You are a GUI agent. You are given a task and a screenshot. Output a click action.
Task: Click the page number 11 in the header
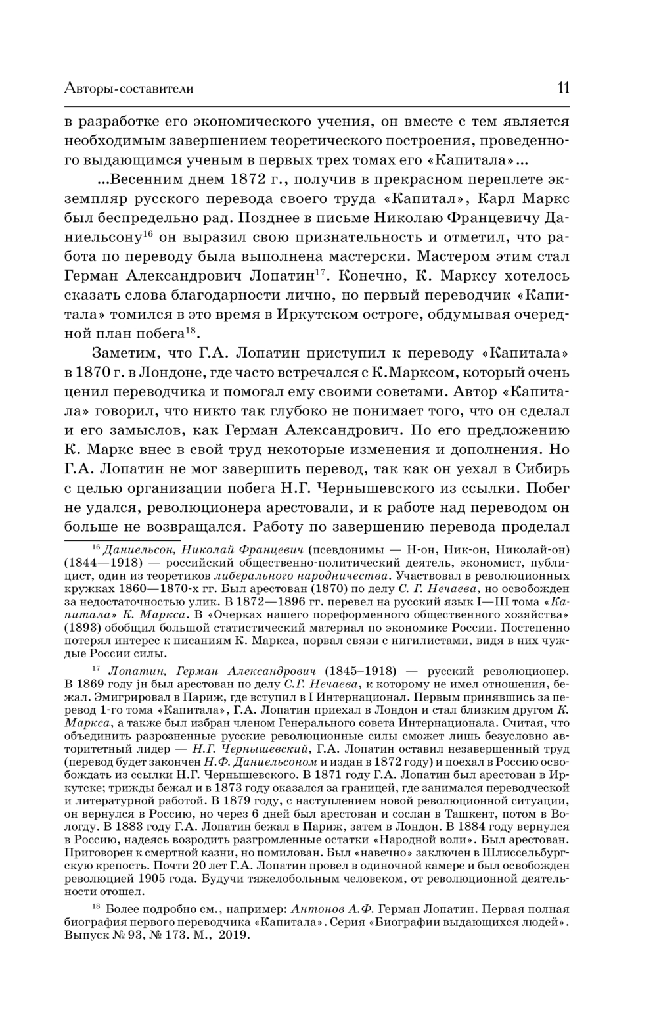563,88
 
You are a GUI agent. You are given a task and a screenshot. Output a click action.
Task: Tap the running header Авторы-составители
129,89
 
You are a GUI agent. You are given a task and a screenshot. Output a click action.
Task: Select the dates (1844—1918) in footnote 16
98,563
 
